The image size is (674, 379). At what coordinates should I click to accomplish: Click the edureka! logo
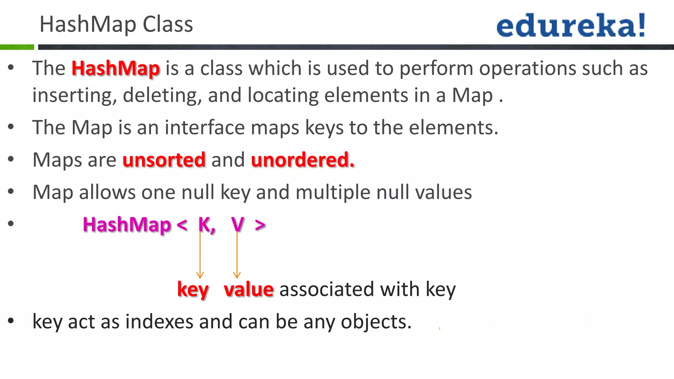point(571,25)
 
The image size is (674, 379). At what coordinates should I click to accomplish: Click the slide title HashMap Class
point(116,24)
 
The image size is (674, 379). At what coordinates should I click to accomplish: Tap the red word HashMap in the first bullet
point(116,68)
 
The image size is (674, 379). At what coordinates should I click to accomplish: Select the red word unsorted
point(164,160)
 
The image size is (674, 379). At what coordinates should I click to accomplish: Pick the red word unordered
point(302,160)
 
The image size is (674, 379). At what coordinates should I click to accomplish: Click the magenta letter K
point(205,225)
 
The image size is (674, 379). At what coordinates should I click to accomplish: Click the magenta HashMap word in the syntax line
point(127,225)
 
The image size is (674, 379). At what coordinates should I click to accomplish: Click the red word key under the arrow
point(193,290)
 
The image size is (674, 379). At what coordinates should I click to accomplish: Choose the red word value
point(248,290)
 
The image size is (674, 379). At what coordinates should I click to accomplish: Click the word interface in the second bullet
point(205,127)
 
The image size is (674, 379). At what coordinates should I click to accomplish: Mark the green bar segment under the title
point(17,47)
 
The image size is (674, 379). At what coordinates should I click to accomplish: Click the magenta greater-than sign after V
point(260,225)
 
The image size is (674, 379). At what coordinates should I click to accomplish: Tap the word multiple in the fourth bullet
point(333,192)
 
